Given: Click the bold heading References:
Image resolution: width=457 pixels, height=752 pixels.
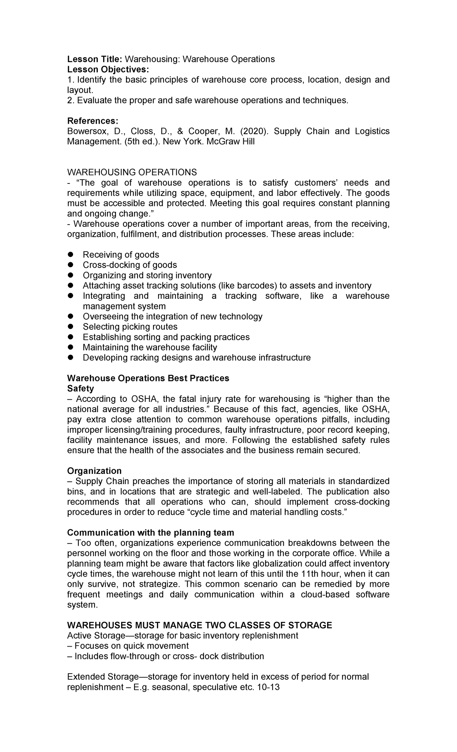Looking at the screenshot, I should (x=93, y=121).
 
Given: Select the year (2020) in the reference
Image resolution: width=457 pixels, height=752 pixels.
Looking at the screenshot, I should (x=254, y=131).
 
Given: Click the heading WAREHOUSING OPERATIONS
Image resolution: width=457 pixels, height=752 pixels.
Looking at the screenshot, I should (x=132, y=172).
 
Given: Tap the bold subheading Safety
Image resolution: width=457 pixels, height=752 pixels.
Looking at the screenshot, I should (x=80, y=388).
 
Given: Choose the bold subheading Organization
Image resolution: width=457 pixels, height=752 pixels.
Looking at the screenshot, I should (x=94, y=471).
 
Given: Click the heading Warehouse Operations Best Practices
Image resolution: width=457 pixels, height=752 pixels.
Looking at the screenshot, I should (x=148, y=378).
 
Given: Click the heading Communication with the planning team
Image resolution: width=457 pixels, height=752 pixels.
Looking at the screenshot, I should (x=150, y=532).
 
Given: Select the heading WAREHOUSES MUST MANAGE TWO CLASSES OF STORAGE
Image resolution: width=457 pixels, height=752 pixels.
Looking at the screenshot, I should (x=200, y=625).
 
